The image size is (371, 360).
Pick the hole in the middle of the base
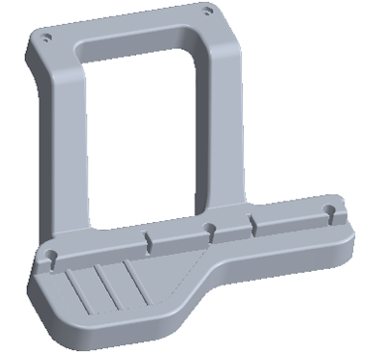[x=209, y=229]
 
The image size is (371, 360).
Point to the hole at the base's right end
[x=329, y=211]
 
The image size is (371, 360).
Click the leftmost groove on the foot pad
[x=79, y=289]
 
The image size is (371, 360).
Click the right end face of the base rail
[x=350, y=233]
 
